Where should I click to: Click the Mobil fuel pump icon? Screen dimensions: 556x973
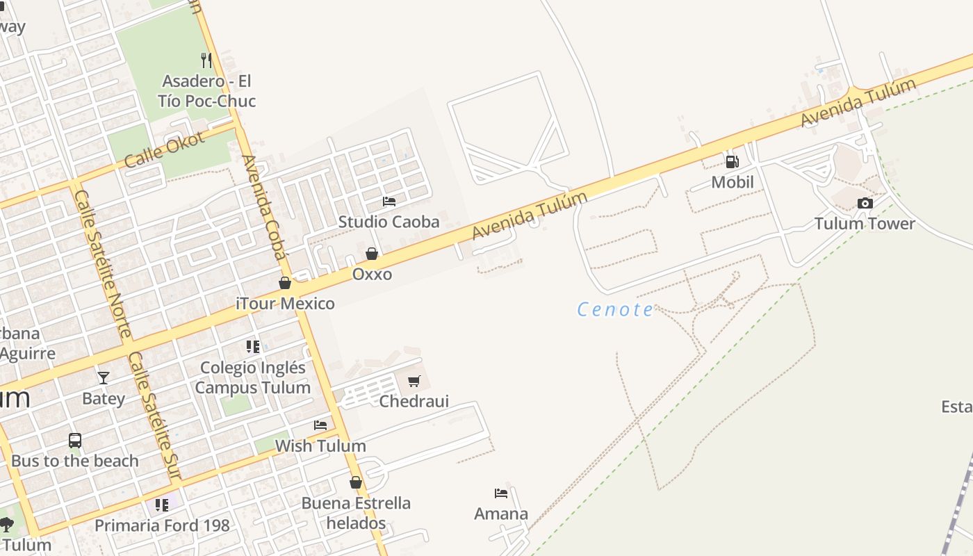click(x=732, y=162)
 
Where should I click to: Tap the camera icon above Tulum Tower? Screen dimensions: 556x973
click(x=865, y=203)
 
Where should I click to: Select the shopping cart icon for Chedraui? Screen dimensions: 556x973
click(x=414, y=381)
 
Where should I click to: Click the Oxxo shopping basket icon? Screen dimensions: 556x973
click(x=372, y=254)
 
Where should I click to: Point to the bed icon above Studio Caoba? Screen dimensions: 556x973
click(x=389, y=202)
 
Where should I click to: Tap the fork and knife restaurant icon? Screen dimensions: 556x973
click(x=206, y=60)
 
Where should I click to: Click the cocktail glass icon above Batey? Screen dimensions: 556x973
click(x=104, y=377)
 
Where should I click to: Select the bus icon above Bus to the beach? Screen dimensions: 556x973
click(x=74, y=440)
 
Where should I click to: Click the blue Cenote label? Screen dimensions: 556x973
click(x=616, y=309)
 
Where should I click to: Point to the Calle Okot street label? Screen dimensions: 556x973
click(x=165, y=149)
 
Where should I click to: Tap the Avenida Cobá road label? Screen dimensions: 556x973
click(x=264, y=207)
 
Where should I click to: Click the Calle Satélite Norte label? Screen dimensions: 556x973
click(x=103, y=264)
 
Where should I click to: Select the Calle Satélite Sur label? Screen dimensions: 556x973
click(x=155, y=416)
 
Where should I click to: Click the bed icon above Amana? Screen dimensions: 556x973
click(x=501, y=493)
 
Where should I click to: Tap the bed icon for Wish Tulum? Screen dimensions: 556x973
click(x=320, y=425)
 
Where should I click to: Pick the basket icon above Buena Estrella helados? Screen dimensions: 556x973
click(x=356, y=482)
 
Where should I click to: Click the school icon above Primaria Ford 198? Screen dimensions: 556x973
click(x=162, y=505)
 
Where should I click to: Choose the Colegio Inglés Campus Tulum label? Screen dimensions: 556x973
click(x=252, y=377)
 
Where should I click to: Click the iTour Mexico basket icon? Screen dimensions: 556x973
click(x=285, y=283)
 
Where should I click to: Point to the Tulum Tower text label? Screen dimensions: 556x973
click(x=865, y=223)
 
